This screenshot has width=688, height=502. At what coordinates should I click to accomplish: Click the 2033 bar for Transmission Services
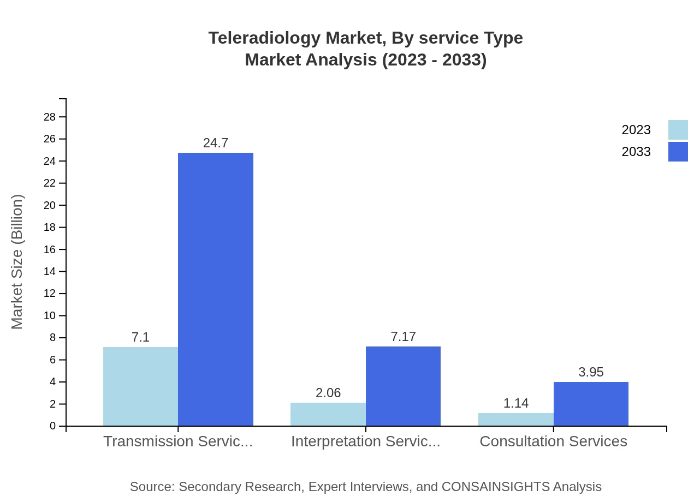pyautogui.click(x=216, y=289)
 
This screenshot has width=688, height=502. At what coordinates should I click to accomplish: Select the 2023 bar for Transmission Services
pyautogui.click(x=140, y=386)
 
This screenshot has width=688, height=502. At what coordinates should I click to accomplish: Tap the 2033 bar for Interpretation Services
pyautogui.click(x=403, y=386)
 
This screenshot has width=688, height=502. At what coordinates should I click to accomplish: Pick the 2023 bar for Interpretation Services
pyautogui.click(x=328, y=414)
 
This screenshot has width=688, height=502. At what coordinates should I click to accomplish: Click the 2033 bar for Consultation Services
pyautogui.click(x=591, y=404)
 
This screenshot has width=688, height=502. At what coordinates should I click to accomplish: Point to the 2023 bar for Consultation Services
pyautogui.click(x=516, y=419)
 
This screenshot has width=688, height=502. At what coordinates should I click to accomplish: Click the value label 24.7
pyautogui.click(x=216, y=143)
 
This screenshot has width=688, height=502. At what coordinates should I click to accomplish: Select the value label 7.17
pyautogui.click(x=403, y=337)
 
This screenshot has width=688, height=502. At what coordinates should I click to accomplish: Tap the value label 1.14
pyautogui.click(x=516, y=403)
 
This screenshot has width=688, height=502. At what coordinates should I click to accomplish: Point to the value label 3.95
pyautogui.click(x=591, y=372)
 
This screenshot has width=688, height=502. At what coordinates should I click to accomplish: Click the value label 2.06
pyautogui.click(x=328, y=393)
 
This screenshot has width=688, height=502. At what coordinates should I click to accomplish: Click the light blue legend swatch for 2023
pyautogui.click(x=678, y=130)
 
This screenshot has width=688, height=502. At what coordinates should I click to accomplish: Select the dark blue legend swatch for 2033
pyautogui.click(x=678, y=152)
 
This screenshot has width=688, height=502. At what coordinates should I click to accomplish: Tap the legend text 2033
pyautogui.click(x=636, y=152)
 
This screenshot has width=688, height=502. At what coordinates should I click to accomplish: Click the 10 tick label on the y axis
pyautogui.click(x=50, y=315)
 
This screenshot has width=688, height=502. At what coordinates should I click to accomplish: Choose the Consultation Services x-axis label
pyautogui.click(x=553, y=441)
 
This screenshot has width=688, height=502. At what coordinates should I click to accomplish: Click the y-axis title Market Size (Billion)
pyautogui.click(x=17, y=262)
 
